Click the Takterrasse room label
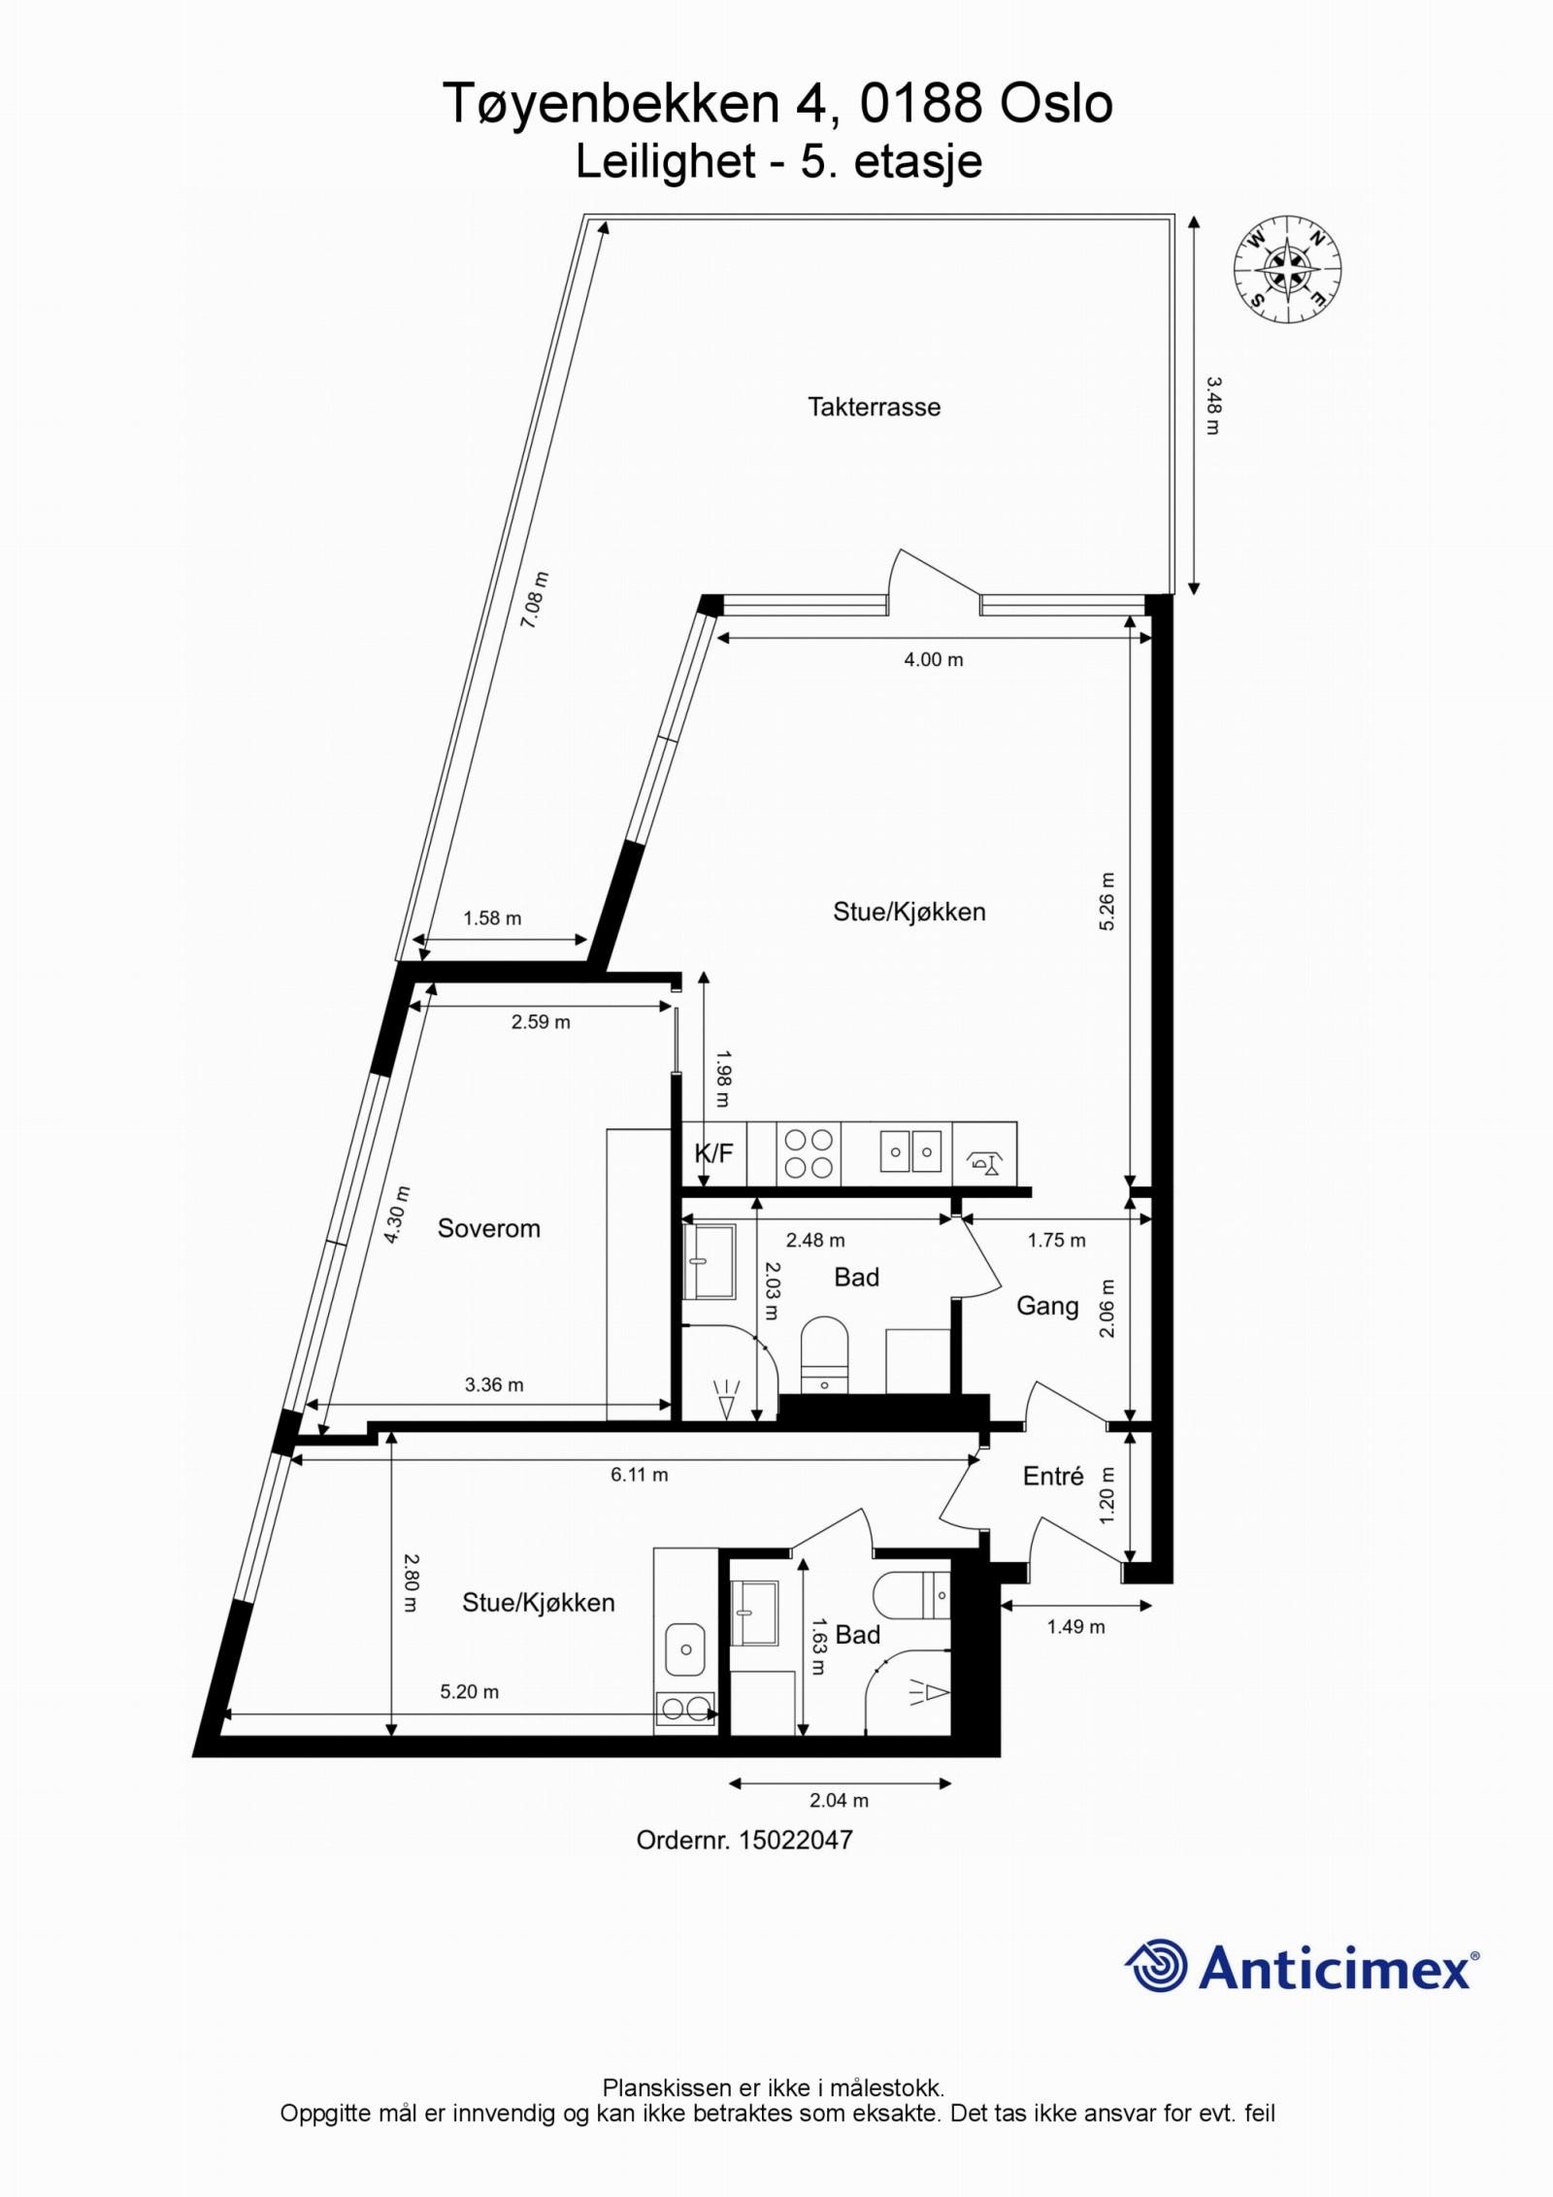coord(874,406)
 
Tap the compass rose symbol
coord(1287,266)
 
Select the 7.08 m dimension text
coord(535,600)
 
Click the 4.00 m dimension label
coord(933,659)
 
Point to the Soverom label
coord(488,1228)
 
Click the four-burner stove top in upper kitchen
coord(809,1152)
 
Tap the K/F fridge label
coord(713,1153)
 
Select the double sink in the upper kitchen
coord(910,1152)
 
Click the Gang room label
coord(1046,1306)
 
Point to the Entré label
coord(1053,1477)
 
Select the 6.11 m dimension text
coord(639,1474)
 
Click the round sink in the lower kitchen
coord(685,1648)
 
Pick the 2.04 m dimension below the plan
coord(839,1800)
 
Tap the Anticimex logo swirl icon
coord(1157,1965)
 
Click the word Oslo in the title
coord(1055,104)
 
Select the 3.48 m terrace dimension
coord(1212,405)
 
